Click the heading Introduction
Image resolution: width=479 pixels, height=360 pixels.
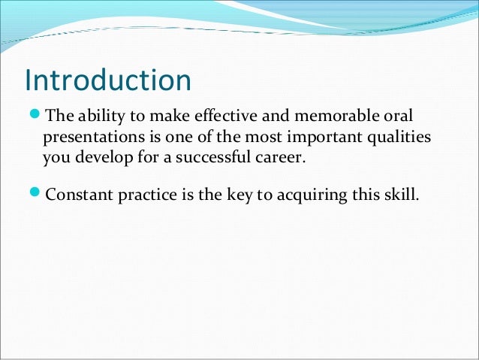(108, 80)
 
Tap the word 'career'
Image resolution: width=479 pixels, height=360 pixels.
(284, 159)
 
